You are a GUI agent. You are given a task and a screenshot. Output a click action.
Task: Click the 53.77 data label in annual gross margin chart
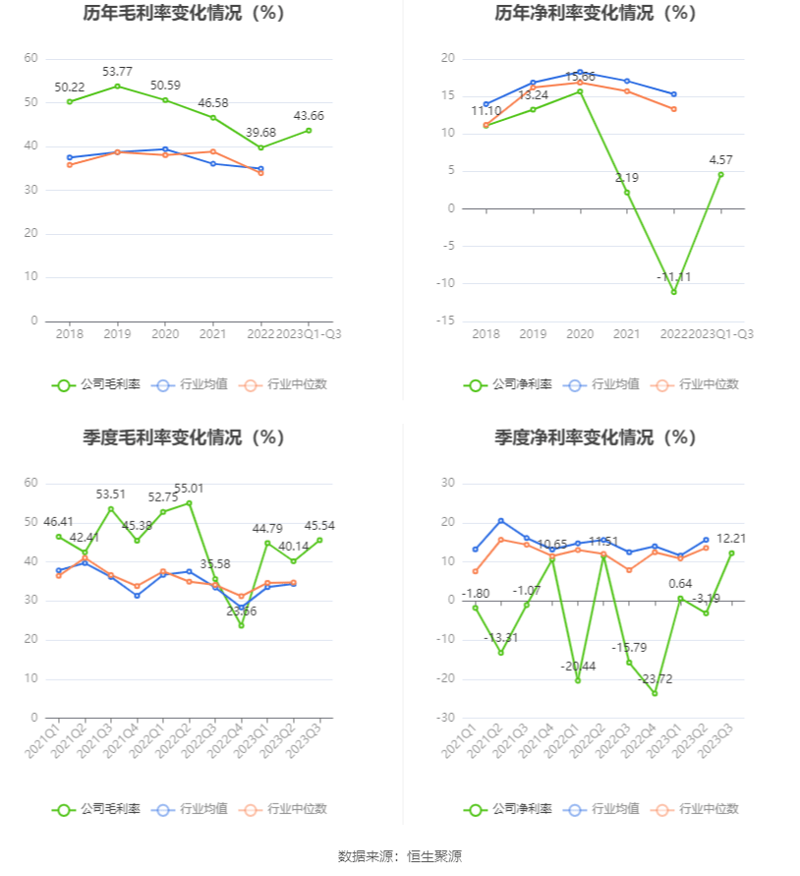[x=117, y=72]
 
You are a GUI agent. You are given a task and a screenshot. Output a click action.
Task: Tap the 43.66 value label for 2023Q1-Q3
[x=309, y=115]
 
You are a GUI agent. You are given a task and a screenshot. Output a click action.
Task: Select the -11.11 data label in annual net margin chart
[x=674, y=277]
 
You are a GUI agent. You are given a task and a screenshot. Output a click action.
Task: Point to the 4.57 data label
[x=720, y=160]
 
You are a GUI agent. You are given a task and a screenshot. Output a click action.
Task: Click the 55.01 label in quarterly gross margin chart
[x=189, y=488]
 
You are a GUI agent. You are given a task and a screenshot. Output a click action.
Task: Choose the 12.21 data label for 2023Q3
[x=731, y=538]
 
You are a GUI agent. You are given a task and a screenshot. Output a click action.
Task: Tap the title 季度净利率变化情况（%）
[x=596, y=438]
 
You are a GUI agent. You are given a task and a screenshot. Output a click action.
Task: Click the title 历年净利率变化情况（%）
[x=596, y=14]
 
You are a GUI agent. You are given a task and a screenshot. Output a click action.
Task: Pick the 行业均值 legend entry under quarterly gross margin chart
[x=193, y=809]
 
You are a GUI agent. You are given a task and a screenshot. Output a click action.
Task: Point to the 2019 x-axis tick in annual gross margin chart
[x=117, y=334]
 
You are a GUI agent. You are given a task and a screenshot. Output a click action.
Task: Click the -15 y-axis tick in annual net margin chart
[x=446, y=321]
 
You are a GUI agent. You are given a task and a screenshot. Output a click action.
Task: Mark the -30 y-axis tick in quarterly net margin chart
[x=446, y=718]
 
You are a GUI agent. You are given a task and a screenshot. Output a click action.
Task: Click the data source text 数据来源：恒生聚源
[x=400, y=856]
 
